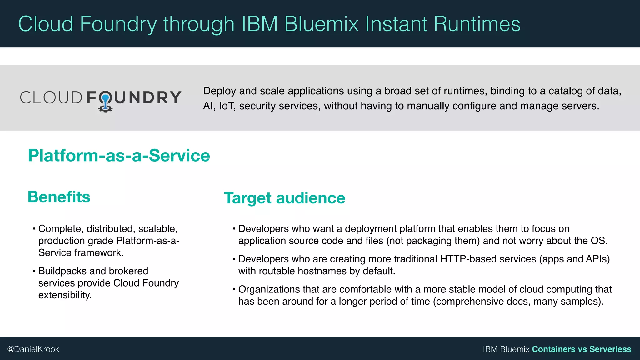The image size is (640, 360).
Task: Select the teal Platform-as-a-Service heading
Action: coord(119,156)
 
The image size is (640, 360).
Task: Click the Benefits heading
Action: coord(59,197)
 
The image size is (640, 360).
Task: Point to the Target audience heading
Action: coord(284,198)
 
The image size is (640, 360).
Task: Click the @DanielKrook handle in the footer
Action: coord(33,349)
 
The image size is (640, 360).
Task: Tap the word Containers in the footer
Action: coord(553,349)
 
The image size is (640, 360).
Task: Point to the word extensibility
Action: coord(65,295)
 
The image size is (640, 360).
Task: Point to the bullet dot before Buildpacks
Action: coord(34,271)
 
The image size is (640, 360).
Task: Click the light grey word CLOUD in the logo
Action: coord(51,97)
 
